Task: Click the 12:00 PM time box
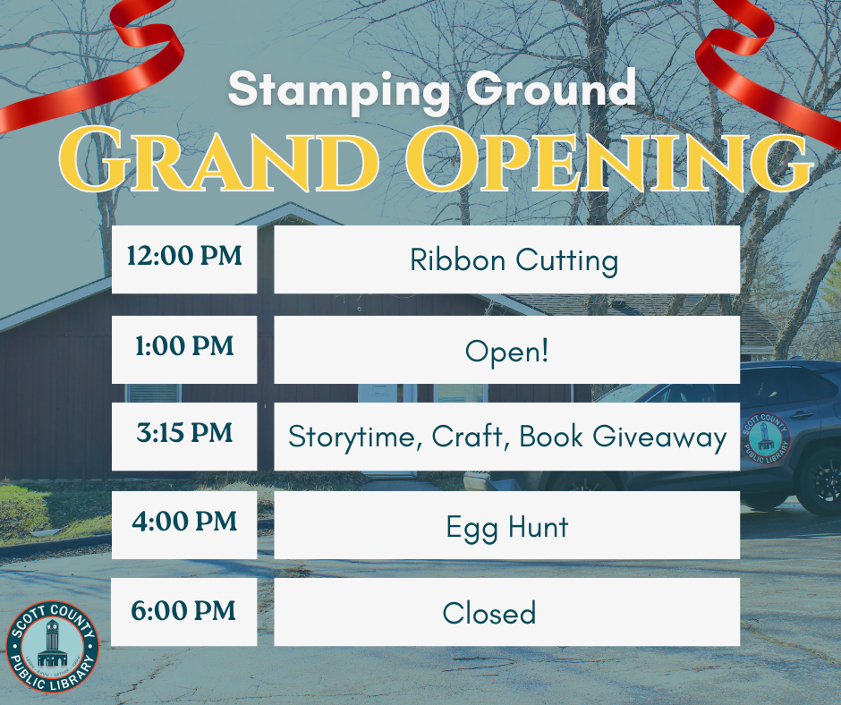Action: point(184,258)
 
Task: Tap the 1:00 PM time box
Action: point(184,347)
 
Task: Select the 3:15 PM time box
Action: point(184,435)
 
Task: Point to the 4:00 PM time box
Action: point(184,522)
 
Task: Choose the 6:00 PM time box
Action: point(184,611)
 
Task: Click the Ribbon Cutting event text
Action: point(514,260)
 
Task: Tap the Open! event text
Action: point(506,350)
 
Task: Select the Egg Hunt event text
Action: point(506,526)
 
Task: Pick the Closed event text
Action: point(489,614)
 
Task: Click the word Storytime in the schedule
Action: point(355,437)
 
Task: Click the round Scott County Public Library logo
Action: point(53,647)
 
